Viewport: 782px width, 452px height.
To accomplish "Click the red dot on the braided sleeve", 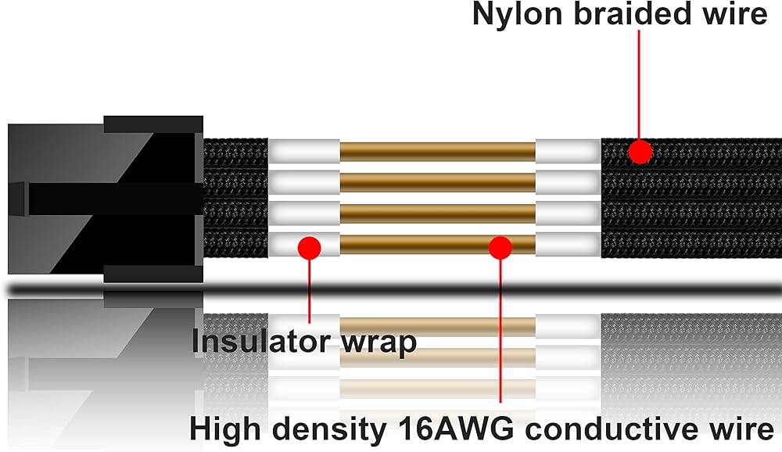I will (640, 152).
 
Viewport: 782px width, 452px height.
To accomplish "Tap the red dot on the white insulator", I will (310, 247).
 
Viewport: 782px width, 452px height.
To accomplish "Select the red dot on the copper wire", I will (500, 247).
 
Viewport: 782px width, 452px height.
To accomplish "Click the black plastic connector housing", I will (102, 199).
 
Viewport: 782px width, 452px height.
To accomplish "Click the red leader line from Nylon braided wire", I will (640, 86).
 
